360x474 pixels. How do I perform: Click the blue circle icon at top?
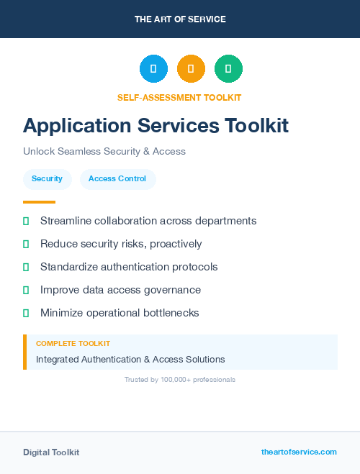153,69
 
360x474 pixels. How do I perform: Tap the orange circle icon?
191,69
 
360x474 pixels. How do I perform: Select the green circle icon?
228,69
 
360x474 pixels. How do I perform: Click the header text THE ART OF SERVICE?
180,19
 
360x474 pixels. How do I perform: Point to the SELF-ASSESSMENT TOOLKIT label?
179,97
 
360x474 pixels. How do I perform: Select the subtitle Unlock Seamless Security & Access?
104,152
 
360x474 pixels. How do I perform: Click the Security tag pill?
47,178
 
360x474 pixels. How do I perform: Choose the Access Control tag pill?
117,178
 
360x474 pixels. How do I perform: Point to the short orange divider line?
39,202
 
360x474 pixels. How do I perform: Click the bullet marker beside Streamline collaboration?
26,221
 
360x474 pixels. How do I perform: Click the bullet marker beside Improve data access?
26,290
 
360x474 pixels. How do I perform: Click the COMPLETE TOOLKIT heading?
73,344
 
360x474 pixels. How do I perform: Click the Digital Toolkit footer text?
51,452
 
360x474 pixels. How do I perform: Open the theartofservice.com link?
299,452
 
